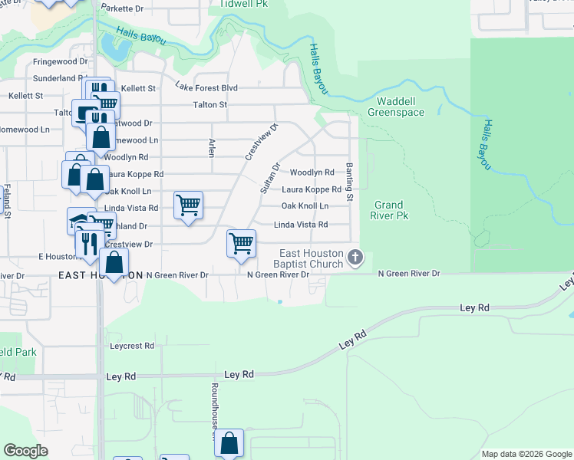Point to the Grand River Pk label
pos(391,210)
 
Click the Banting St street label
pos(349,182)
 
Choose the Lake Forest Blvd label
pos(206,87)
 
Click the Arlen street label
pos(211,147)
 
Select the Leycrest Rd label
pos(132,346)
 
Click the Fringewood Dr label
pos(61,61)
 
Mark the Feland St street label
pos(6,201)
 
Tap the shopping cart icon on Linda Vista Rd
pos(188,205)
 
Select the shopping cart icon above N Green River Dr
pos(241,244)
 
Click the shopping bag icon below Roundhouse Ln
pos(229,443)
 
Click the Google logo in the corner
pos(25,451)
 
